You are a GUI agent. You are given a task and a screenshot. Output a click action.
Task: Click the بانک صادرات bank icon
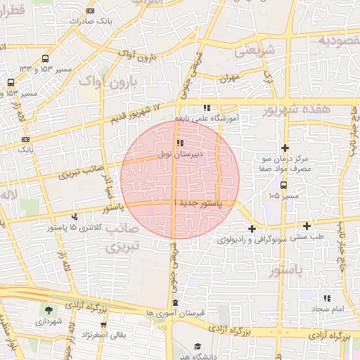pos(91,11)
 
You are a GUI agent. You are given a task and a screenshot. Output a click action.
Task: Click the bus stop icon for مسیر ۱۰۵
pos(283,186)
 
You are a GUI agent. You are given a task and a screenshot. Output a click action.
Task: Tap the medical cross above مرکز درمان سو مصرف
pos(285,148)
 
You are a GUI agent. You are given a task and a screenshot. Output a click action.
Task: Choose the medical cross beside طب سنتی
pos(307,226)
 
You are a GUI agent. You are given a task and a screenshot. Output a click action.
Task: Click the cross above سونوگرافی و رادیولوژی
pos(252,228)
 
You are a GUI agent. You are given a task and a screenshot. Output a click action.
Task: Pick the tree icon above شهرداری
pos(49,310)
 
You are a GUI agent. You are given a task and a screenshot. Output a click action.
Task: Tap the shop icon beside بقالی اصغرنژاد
pos(103,325)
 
